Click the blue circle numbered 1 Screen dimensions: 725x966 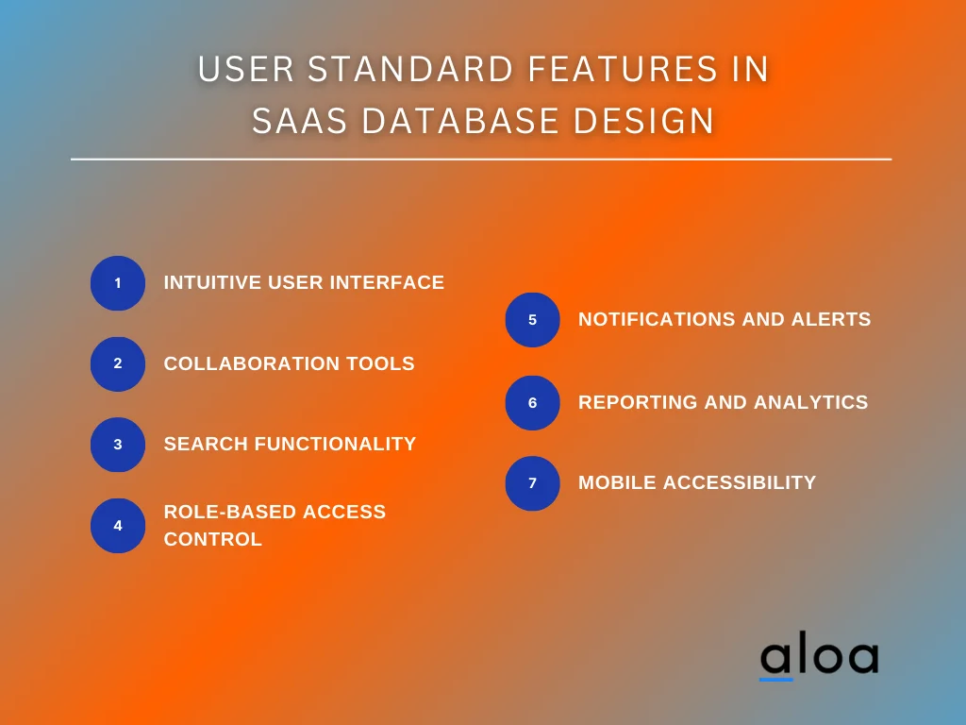point(118,283)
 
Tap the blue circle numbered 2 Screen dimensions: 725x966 point(118,363)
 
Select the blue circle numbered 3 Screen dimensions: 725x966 point(118,445)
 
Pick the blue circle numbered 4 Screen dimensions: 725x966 point(118,526)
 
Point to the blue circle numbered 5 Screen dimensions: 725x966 point(532,320)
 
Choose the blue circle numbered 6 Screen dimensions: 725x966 point(532,403)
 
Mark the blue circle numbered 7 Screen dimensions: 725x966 point(532,483)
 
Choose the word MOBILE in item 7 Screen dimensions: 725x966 point(617,482)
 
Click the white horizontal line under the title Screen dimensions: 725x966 point(481,160)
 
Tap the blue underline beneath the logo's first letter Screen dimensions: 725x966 point(776,678)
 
